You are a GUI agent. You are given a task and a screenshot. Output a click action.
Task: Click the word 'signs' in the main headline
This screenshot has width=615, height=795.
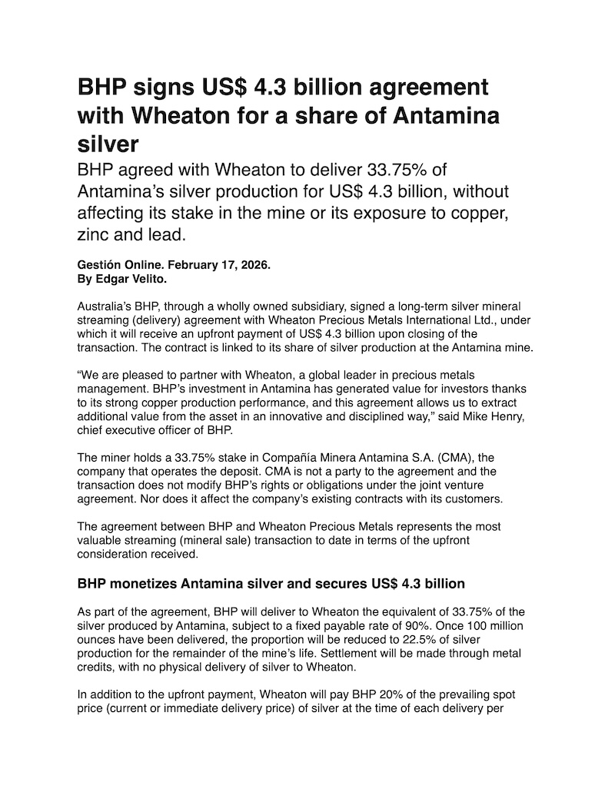coord(162,88)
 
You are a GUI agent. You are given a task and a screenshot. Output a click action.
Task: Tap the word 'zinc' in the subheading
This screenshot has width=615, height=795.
coord(95,234)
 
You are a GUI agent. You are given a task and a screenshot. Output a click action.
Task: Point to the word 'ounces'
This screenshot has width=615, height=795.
coord(97,639)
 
